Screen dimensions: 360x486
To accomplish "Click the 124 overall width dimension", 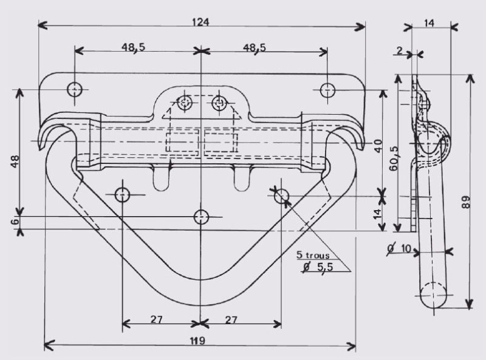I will (x=200, y=22).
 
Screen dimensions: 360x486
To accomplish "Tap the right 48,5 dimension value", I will (x=256, y=47).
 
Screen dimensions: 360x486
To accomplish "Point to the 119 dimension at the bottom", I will (x=196, y=341).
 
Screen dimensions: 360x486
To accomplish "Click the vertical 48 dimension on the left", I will (x=15, y=161).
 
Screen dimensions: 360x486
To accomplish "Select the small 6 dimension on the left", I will (x=14, y=222).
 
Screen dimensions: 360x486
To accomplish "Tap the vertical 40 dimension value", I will (x=378, y=146).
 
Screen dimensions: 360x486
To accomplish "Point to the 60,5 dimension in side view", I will (x=395, y=159).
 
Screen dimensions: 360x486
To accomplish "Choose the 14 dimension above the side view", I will (x=430, y=23).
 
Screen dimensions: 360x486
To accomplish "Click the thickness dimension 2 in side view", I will (x=399, y=50).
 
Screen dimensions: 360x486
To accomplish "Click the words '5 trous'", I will (x=313, y=256).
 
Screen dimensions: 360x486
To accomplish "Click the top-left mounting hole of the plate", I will (x=75, y=90).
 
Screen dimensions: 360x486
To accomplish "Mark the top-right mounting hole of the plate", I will (x=327, y=90).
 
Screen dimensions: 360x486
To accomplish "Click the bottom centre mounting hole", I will (x=201, y=217).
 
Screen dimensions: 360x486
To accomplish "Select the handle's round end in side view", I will (x=434, y=296).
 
